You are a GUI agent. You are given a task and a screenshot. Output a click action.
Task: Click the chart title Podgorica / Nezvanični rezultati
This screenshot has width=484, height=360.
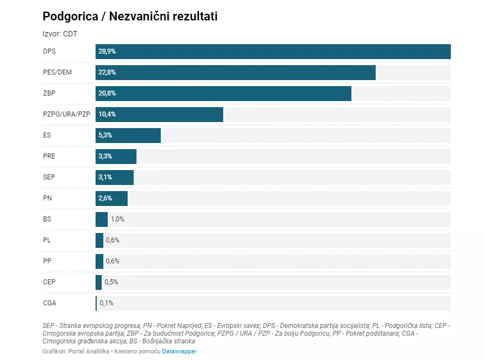(x=130, y=17)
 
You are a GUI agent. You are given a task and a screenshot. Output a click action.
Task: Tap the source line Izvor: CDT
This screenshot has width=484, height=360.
(x=60, y=34)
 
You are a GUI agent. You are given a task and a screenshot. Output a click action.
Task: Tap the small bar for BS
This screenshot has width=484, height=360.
(x=102, y=219)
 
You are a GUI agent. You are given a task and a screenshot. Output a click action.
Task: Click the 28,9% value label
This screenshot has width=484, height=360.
(x=107, y=51)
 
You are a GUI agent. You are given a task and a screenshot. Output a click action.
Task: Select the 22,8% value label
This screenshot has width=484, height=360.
(x=107, y=72)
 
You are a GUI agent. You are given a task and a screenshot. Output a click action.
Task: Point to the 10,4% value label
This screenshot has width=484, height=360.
(x=107, y=114)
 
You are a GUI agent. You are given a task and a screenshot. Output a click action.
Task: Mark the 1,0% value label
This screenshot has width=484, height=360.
(x=118, y=219)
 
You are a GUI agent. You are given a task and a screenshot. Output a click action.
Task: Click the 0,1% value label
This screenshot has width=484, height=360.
(x=106, y=303)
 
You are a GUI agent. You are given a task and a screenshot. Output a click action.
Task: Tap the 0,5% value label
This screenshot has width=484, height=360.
(x=111, y=282)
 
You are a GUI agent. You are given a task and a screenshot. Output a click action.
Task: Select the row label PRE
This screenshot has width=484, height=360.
(x=49, y=156)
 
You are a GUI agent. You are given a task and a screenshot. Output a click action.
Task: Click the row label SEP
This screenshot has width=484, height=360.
(x=49, y=177)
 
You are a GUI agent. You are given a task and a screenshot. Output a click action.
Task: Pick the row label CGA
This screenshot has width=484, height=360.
(x=50, y=303)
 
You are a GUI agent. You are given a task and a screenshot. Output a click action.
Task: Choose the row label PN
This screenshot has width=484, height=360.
(x=48, y=198)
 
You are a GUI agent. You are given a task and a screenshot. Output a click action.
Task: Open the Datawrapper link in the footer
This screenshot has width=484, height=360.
(x=179, y=351)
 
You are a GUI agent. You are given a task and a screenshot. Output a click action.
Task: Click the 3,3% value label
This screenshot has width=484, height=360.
(x=105, y=156)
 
